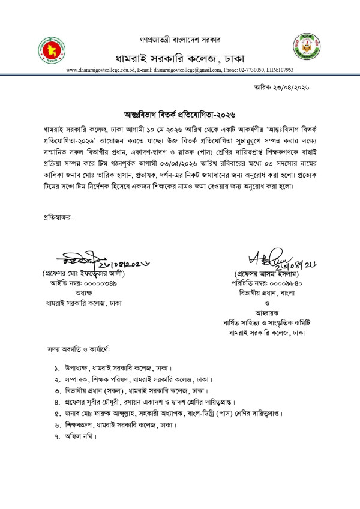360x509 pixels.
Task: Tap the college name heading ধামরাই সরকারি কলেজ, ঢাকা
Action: tap(179, 58)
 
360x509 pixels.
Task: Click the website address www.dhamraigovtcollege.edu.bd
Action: tap(100, 70)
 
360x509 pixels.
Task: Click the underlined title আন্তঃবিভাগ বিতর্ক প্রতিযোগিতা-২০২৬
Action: tap(179, 114)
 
